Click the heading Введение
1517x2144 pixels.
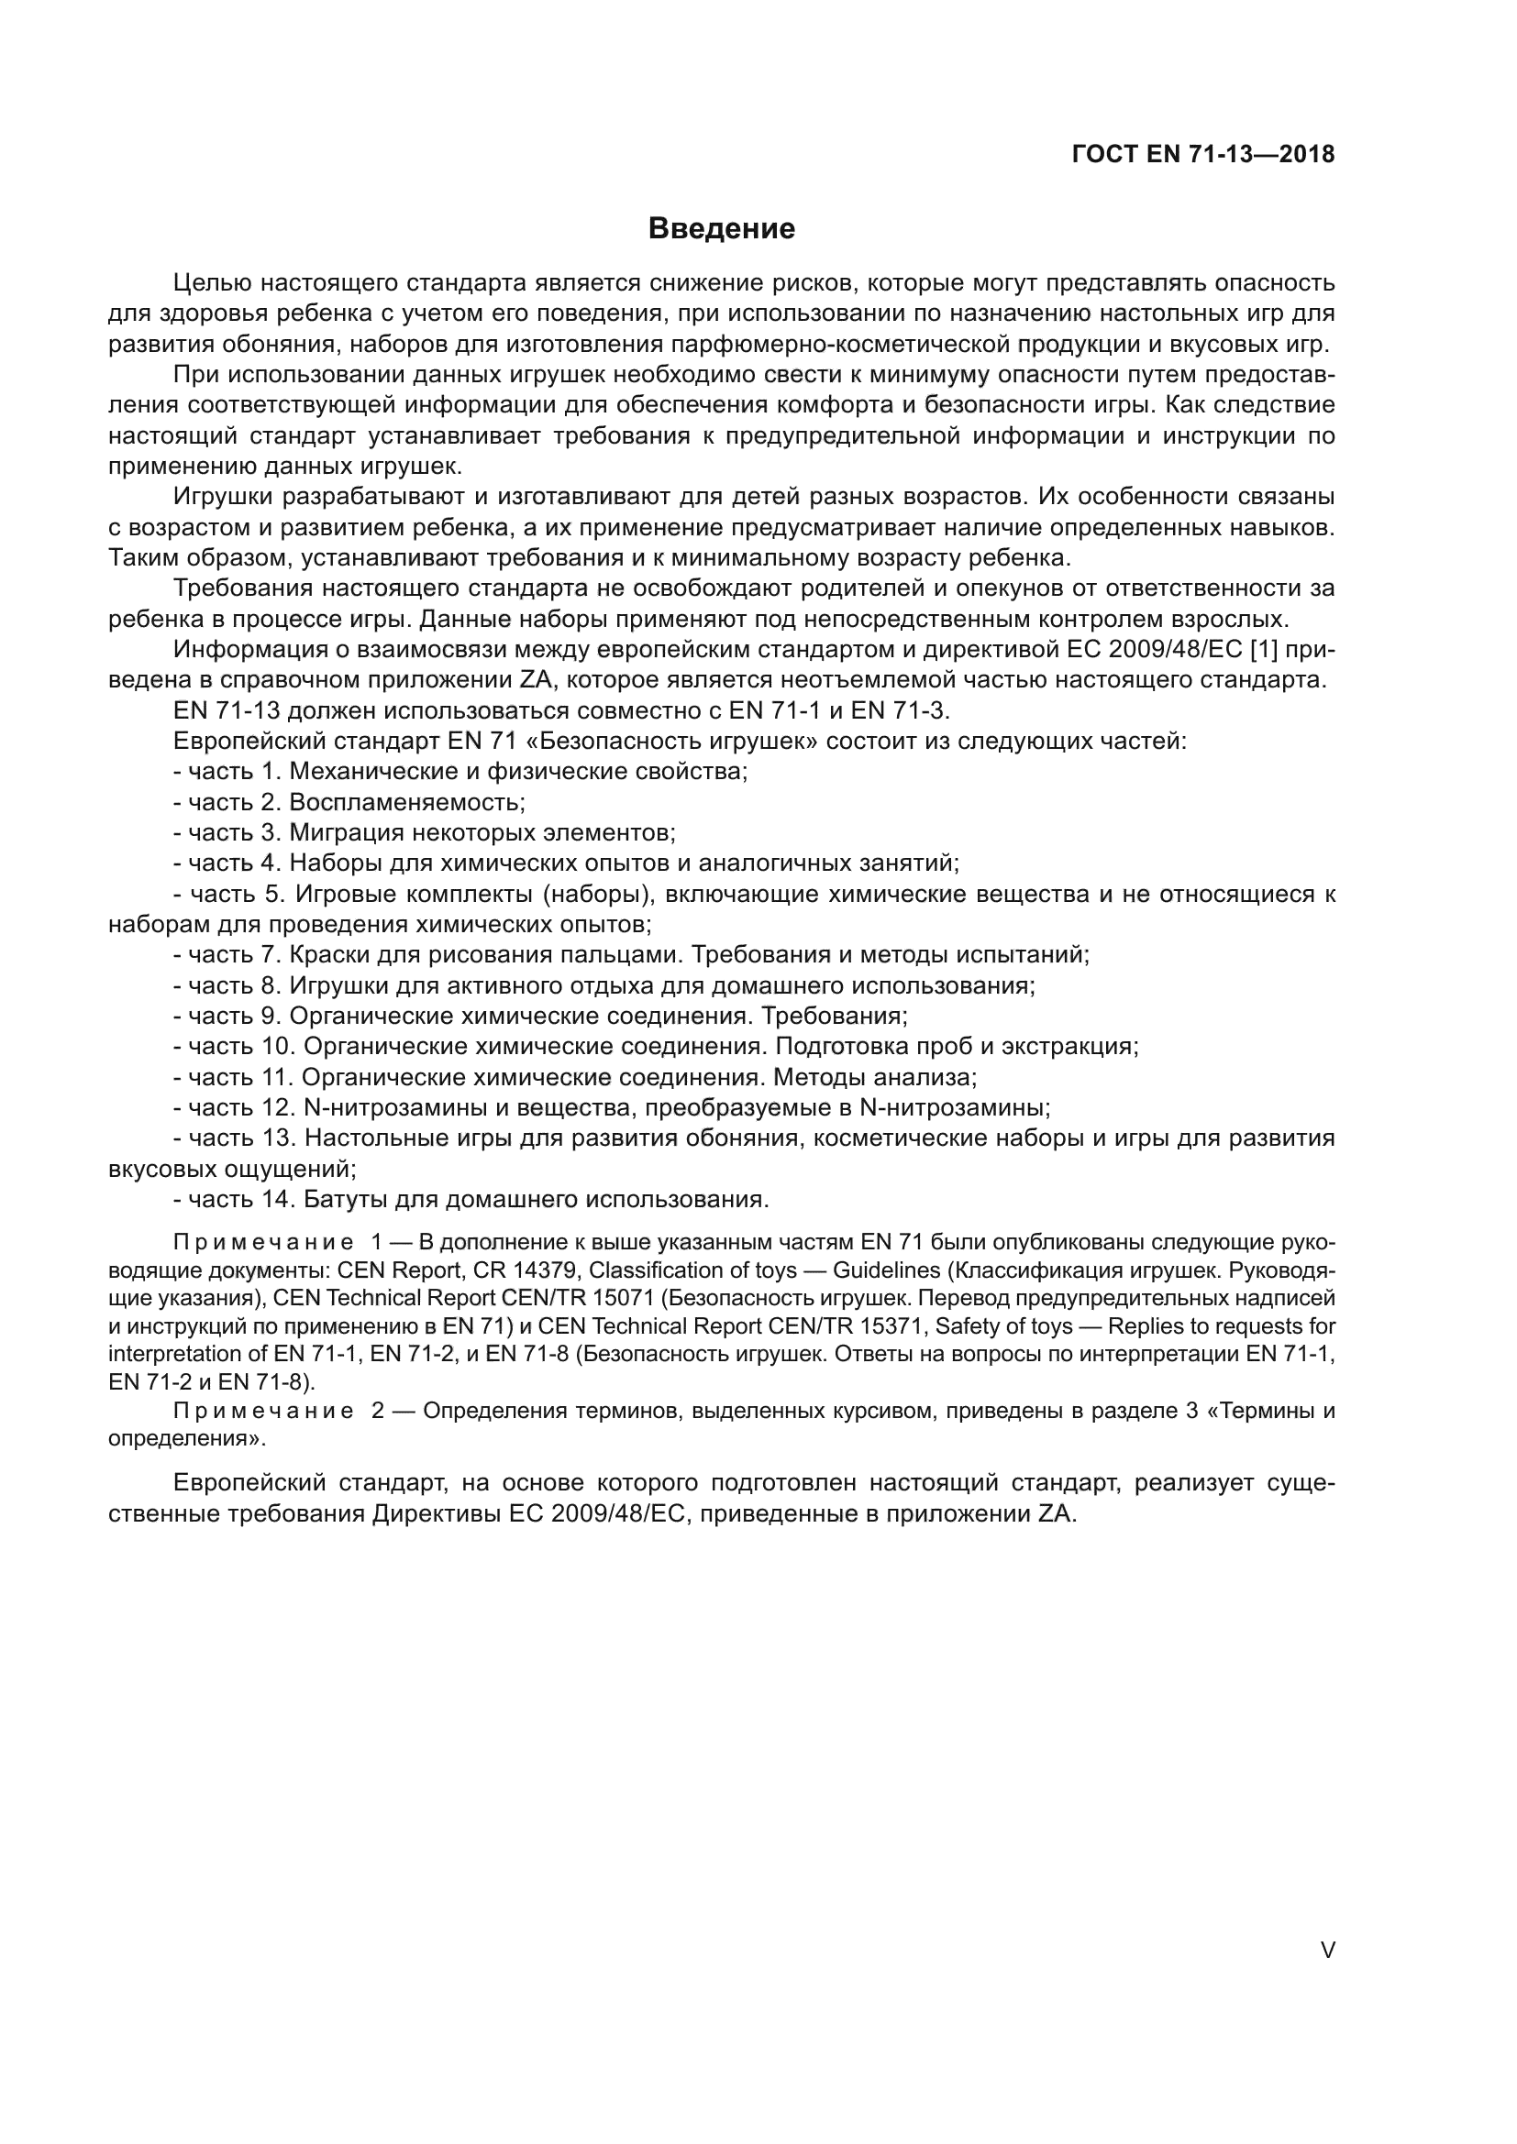(721, 229)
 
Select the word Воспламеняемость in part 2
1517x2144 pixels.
(406, 802)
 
